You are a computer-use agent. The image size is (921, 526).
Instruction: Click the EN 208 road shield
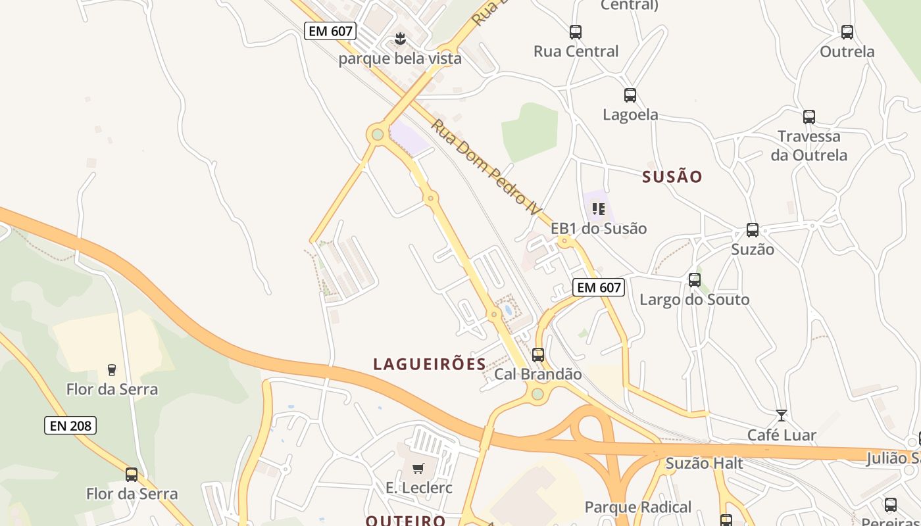[x=70, y=425]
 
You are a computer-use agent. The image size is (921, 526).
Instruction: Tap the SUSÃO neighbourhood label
[x=672, y=176]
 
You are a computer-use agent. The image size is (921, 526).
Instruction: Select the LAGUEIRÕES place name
[x=430, y=364]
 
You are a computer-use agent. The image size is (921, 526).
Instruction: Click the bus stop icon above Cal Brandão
[x=538, y=355]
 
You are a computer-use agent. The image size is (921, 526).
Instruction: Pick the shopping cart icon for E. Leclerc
[x=418, y=469]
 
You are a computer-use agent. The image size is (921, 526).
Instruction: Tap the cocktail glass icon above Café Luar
[x=782, y=416]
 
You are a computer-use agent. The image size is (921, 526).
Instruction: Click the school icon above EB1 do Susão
[x=598, y=209]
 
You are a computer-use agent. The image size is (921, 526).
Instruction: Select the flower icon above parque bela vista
[x=400, y=39]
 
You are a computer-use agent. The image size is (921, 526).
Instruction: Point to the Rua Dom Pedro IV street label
[x=485, y=168]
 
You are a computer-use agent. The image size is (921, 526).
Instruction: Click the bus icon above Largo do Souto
[x=695, y=280]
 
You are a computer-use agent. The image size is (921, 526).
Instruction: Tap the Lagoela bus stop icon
[x=630, y=95]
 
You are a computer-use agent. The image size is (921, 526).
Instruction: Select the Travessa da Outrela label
[x=809, y=146]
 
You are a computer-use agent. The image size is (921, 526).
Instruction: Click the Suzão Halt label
[x=704, y=464]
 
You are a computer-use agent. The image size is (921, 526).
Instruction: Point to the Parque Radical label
[x=637, y=507]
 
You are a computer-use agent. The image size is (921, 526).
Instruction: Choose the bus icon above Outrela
[x=847, y=32]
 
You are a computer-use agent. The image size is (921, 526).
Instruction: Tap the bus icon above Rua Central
[x=576, y=32]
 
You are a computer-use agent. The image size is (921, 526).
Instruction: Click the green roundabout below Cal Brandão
[x=537, y=394]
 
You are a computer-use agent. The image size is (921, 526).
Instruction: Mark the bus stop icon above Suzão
[x=753, y=230]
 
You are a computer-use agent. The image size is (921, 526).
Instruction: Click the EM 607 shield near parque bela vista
[x=330, y=31]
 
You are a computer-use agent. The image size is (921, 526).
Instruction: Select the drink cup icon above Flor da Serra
[x=112, y=370]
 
